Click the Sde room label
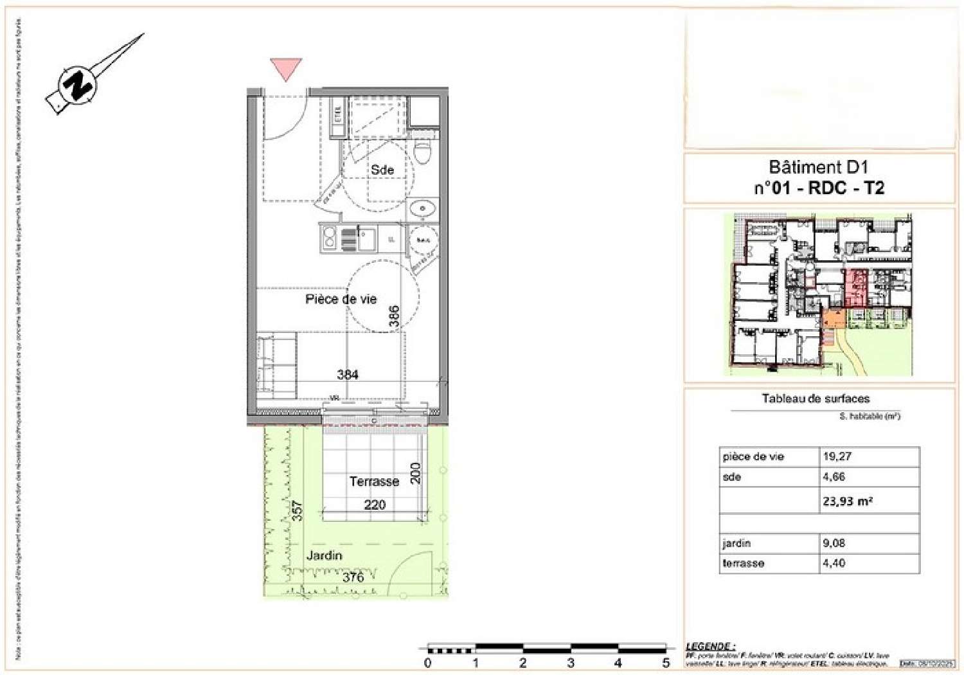382,170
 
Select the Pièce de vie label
341,299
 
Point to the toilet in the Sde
423,152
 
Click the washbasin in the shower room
422,208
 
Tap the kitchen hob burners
330,238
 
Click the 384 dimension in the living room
348,374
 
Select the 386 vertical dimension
394,316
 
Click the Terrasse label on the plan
374,482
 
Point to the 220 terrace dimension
375,505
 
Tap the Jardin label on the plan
324,555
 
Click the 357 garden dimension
296,511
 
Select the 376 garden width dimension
353,577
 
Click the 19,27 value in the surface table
837,456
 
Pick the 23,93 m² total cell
848,501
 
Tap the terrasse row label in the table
743,563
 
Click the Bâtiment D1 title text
818,168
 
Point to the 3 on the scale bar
571,663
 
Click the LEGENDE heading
710,646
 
